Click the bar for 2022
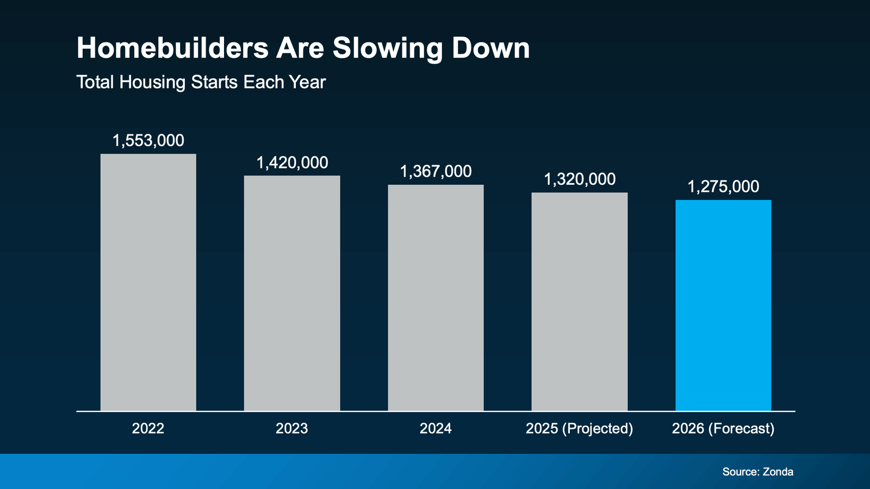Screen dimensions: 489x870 tap(148, 283)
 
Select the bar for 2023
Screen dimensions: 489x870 tap(292, 293)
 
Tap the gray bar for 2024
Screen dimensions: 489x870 tap(436, 298)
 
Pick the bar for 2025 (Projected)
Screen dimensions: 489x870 tap(579, 302)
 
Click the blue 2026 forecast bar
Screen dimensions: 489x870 tap(723, 305)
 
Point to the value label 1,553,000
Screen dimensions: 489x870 tap(148, 141)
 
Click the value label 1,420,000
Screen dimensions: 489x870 tap(292, 162)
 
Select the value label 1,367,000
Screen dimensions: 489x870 tap(436, 172)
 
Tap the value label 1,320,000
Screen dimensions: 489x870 tap(580, 179)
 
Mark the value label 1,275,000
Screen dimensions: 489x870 tap(723, 187)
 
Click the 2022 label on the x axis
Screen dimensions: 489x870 tap(148, 429)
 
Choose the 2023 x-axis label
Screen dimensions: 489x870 tap(292, 429)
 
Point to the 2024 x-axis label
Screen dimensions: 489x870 tap(436, 429)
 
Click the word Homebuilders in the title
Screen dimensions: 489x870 tap(172, 48)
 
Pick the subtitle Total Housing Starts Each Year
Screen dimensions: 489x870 tap(201, 83)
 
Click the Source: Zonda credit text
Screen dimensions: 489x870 tap(757, 472)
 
